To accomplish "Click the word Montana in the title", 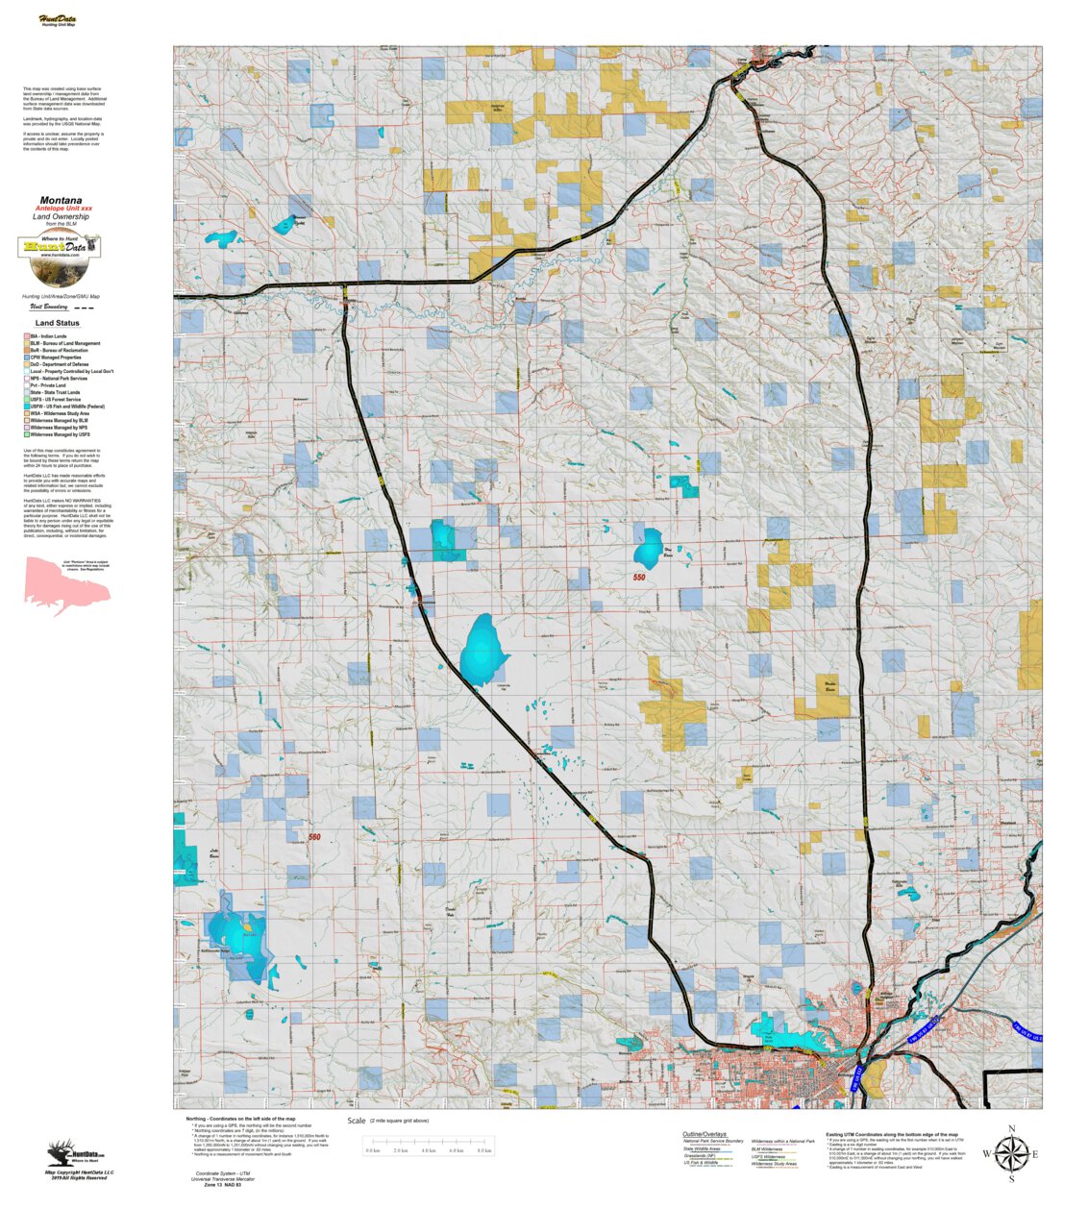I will [61, 201].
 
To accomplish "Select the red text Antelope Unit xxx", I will [63, 209].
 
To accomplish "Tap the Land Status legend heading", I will [58, 323].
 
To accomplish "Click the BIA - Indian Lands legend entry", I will [48, 336].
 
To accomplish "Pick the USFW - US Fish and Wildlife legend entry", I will [67, 407].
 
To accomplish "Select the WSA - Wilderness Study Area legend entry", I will [60, 413].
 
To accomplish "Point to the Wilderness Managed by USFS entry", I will [60, 434].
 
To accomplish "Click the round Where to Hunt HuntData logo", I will [61, 256].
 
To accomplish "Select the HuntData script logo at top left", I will [58, 19].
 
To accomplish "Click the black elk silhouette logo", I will [61, 1152].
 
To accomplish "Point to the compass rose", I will [1010, 1153].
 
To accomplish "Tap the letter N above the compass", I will [1011, 1129].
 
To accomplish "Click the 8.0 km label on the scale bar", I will [484, 1150].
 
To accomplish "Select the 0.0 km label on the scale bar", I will [373, 1150].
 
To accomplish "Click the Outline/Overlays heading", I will [705, 1134].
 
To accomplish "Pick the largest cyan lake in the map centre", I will [482, 650].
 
